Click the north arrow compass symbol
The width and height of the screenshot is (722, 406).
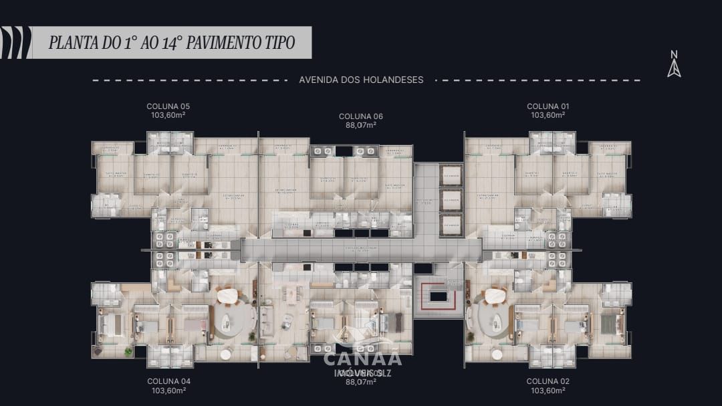(x=674, y=65)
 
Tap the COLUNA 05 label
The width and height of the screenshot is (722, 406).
(x=168, y=106)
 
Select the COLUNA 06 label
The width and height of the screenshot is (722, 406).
(x=360, y=116)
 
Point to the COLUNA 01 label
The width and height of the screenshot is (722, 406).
(x=548, y=106)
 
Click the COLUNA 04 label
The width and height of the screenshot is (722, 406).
(x=168, y=381)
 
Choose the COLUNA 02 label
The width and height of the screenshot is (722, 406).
(x=548, y=381)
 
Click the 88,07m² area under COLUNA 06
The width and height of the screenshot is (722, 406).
(x=360, y=125)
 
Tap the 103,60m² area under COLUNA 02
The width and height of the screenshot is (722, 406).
(x=548, y=390)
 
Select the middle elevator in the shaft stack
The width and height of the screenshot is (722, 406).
(x=451, y=200)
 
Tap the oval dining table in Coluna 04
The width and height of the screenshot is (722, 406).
(x=227, y=295)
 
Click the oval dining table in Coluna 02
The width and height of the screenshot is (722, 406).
(x=495, y=295)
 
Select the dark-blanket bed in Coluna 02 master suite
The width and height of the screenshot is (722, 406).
(x=608, y=324)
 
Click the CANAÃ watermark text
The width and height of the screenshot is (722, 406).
(x=362, y=358)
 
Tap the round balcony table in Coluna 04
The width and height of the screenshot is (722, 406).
(x=225, y=353)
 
